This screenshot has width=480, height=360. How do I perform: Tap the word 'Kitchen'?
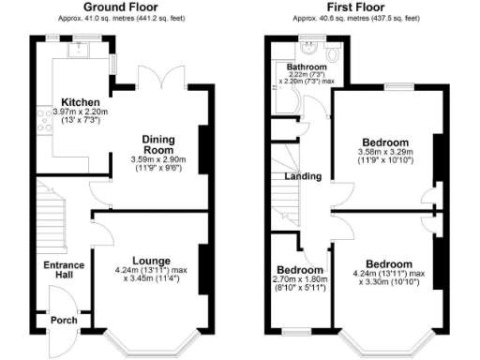click(82, 102)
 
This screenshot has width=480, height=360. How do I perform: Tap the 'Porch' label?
click(64, 321)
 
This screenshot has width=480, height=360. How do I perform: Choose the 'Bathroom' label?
click(306, 67)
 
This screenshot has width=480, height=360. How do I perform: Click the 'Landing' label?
click(305, 176)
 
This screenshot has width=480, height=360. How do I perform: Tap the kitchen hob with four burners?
click(44, 118)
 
